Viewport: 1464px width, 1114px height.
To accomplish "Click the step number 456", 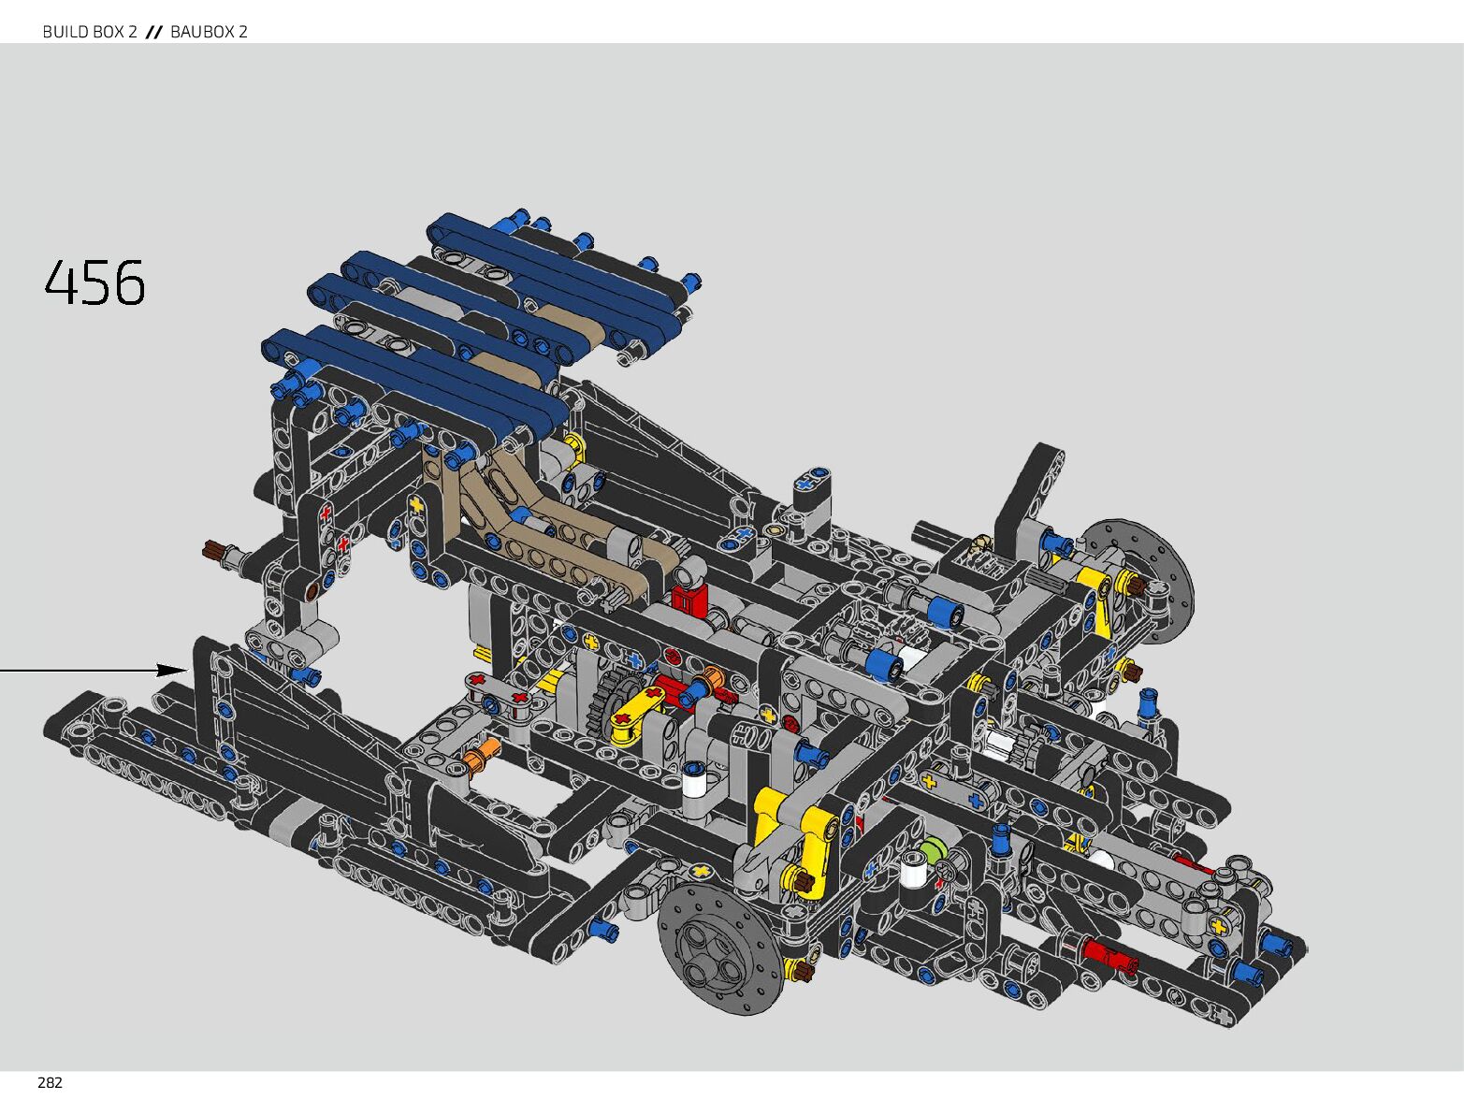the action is tap(94, 282).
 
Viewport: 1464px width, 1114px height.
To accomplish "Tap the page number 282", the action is tap(50, 1083).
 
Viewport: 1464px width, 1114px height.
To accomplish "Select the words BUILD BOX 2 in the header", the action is tap(90, 32).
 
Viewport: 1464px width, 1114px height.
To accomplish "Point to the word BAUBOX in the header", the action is tap(199, 32).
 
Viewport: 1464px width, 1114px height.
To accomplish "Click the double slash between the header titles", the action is tap(154, 32).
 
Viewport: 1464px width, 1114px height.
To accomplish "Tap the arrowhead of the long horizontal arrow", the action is tap(172, 670).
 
